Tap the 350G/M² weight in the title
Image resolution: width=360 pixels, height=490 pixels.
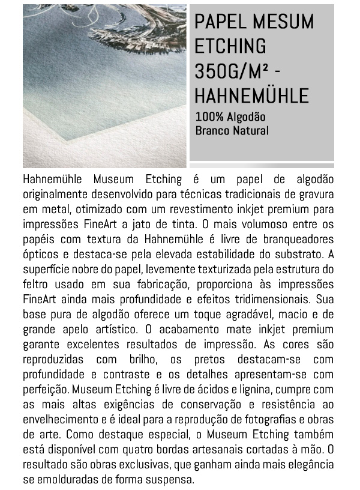click(x=230, y=71)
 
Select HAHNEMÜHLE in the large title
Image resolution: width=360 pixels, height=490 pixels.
click(x=251, y=95)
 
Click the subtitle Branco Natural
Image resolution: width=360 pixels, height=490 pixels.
click(x=232, y=130)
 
